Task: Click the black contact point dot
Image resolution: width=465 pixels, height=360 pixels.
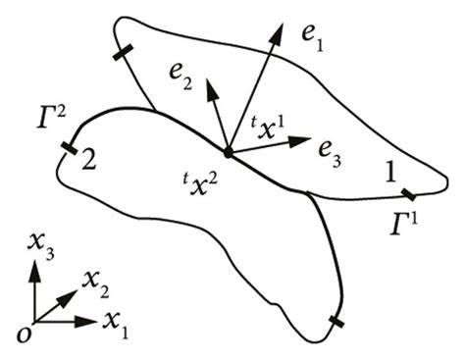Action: pyautogui.click(x=228, y=152)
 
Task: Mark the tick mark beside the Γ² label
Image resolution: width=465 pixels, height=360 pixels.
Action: pyautogui.click(x=69, y=149)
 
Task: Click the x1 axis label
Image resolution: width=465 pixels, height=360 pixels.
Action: pyautogui.click(x=124, y=326)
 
